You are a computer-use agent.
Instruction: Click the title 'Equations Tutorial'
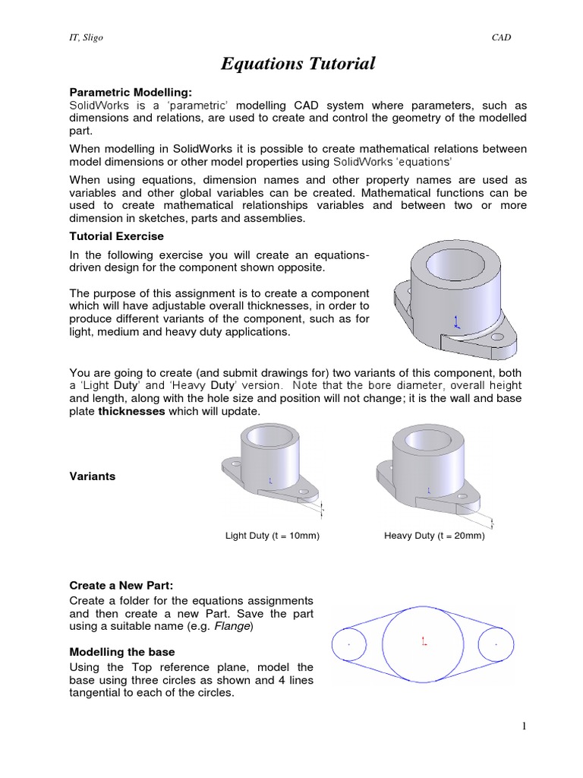[298, 64]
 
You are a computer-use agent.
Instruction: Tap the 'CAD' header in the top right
[502, 38]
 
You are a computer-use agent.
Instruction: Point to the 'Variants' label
[93, 476]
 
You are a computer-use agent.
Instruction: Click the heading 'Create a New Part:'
[121, 586]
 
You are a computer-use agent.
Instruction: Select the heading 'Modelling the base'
[122, 652]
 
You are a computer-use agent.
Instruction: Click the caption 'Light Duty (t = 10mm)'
[273, 536]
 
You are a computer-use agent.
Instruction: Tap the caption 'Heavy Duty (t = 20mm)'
[434, 536]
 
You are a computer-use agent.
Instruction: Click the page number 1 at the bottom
[523, 726]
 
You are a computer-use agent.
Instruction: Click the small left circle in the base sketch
[349, 645]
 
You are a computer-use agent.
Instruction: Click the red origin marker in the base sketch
[423, 643]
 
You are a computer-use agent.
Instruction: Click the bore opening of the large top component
[455, 264]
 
